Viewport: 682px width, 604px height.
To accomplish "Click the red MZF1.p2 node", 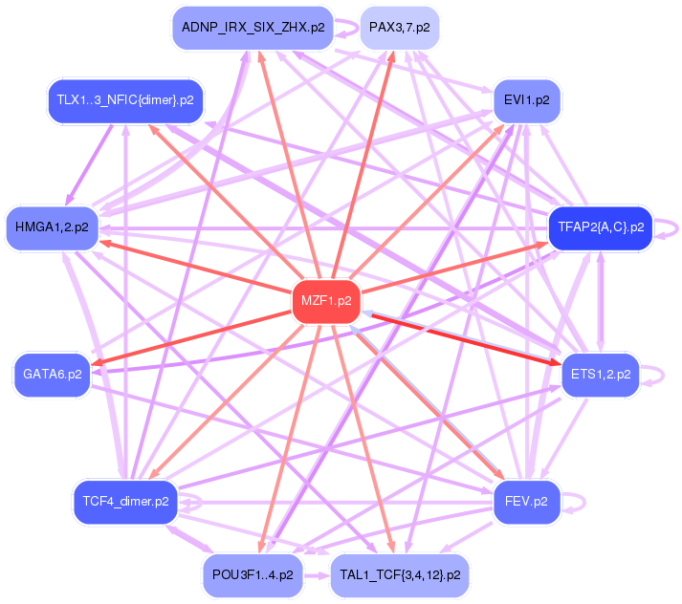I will coord(325,300).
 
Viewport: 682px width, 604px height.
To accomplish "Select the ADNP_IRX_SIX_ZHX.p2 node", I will coord(253,28).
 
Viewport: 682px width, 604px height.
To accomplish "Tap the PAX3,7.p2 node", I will coord(399,28).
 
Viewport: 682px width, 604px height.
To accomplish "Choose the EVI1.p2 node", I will coord(525,99).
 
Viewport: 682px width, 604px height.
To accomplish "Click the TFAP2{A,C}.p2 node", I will coord(600,227).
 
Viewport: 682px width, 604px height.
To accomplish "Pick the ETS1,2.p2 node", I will coord(600,374).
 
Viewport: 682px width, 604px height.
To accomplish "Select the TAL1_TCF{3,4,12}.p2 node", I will coord(400,575).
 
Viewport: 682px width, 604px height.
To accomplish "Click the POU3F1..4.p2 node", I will coord(253,575).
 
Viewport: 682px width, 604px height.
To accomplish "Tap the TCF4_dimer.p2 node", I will coord(125,501).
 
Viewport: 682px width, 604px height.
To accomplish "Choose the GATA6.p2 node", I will coord(52,374).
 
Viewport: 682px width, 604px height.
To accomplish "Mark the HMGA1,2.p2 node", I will coord(52,227).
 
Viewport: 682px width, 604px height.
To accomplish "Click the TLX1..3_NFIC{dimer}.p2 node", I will coord(125,99).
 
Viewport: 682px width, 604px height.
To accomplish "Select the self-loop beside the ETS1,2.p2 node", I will coord(654,374).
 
